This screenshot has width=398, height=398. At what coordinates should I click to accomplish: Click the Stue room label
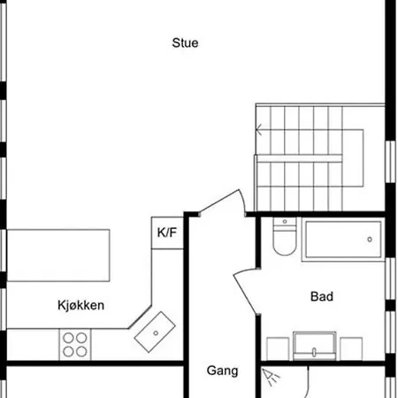[185, 43]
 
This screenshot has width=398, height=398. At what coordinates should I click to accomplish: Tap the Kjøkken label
[81, 305]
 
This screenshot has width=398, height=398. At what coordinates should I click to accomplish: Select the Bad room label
[322, 296]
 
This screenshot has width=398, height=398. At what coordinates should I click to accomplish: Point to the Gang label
[222, 371]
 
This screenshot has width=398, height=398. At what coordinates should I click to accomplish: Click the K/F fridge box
[167, 233]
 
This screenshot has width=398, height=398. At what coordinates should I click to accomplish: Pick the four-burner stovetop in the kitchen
[75, 344]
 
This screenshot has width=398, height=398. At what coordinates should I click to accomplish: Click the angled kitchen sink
[155, 332]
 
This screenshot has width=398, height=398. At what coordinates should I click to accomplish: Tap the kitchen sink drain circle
[156, 333]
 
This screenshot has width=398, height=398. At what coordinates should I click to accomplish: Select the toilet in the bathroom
[285, 236]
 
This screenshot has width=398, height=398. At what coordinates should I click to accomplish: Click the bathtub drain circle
[370, 240]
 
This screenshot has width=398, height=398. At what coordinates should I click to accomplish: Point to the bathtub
[343, 240]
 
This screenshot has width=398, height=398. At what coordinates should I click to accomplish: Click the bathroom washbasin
[314, 346]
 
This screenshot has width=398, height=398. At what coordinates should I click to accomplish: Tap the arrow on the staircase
[259, 130]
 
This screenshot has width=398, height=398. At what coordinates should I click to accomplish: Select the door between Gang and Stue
[222, 203]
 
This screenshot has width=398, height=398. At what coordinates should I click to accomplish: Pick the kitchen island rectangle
[58, 256]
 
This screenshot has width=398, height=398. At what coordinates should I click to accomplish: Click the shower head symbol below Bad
[271, 377]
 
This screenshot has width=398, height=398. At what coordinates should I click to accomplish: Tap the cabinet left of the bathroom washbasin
[278, 348]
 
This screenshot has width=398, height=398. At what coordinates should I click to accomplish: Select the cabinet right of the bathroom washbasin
[351, 348]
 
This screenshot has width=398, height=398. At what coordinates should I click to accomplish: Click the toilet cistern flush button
[285, 221]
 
